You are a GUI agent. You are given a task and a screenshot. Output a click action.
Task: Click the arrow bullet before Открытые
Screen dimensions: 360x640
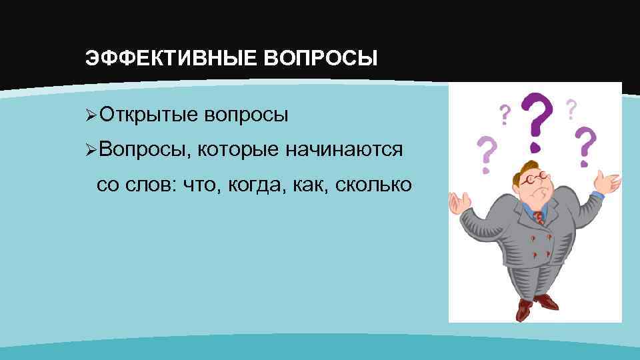(x=92, y=115)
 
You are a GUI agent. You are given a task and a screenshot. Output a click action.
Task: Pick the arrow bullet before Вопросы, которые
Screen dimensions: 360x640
(x=92, y=150)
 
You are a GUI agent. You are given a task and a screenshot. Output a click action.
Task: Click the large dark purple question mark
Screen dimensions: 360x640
(x=538, y=121)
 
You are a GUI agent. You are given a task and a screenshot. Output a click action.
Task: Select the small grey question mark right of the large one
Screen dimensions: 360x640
(x=571, y=108)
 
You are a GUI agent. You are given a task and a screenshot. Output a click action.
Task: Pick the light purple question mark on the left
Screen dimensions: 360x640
(x=488, y=153)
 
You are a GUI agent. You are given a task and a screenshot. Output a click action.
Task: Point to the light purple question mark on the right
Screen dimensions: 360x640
(x=585, y=147)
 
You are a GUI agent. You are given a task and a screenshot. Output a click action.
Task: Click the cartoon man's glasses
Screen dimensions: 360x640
(x=535, y=179)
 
